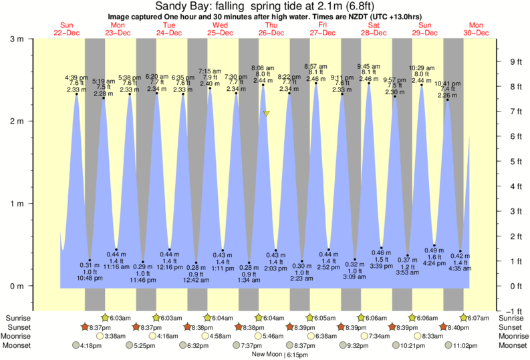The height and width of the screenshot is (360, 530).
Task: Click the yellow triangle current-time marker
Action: (x=266, y=114)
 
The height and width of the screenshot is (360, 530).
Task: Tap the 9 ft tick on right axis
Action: (x=516, y=62)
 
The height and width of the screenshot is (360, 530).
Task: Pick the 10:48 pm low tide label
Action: (x=90, y=278)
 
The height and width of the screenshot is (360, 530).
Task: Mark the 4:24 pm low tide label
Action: (x=434, y=273)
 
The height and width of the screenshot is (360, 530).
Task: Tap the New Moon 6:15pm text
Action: (x=279, y=355)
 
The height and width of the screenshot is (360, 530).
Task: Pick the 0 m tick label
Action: (x=16, y=286)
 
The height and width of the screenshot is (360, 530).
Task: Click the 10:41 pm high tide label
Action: (x=447, y=84)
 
